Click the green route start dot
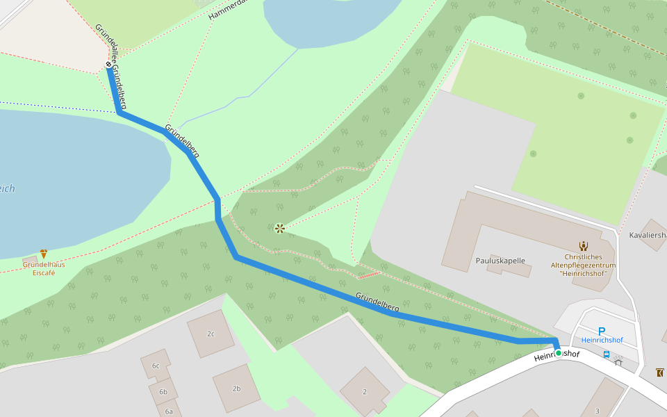[x=558, y=353]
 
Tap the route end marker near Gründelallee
[x=108, y=65]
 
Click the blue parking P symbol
[x=602, y=332]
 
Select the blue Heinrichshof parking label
[x=602, y=341]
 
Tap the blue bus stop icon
[x=607, y=354]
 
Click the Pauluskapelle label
[x=500, y=261]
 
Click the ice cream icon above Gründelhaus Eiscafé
[x=44, y=254]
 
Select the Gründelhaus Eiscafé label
[x=44, y=268]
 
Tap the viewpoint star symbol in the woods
[x=279, y=228]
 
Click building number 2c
[x=211, y=334]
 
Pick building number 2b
[x=236, y=389]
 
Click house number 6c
[x=156, y=366]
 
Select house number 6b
[x=163, y=392]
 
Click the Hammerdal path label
[x=228, y=10]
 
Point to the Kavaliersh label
[x=648, y=235]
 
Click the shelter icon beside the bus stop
[x=618, y=360]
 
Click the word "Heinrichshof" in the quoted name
[x=584, y=274]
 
